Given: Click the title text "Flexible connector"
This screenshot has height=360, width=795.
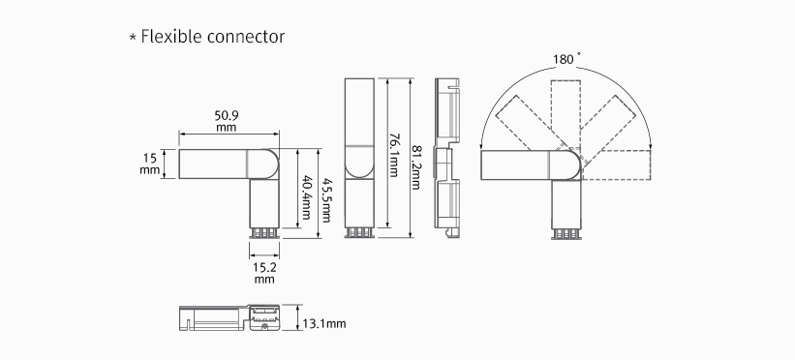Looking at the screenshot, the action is [213, 37].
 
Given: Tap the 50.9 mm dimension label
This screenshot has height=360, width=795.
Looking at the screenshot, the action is [227, 121].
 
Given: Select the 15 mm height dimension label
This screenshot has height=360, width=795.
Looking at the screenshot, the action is [150, 164].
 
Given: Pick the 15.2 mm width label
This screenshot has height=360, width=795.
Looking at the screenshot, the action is [264, 273].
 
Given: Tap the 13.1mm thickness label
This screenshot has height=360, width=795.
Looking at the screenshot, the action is [324, 323].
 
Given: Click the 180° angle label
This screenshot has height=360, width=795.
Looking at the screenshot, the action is [564, 59].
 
